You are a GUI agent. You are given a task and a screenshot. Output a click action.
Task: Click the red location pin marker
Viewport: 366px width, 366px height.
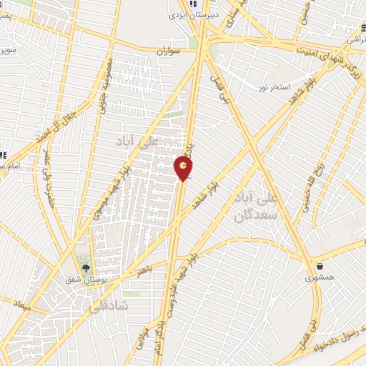183,168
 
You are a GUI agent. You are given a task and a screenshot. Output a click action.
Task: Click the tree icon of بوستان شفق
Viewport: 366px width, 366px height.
86,269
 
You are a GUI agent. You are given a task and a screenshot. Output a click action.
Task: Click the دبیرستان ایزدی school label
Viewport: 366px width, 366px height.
186,14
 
